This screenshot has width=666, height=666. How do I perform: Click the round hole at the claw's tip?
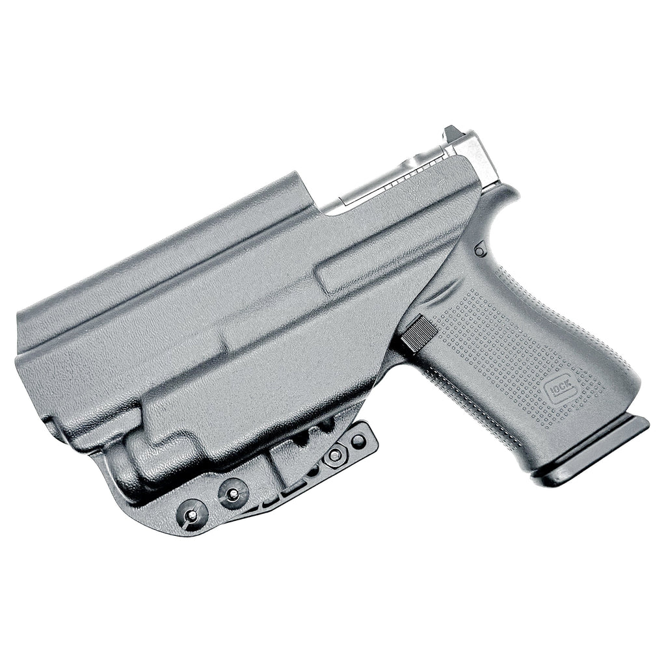pos(358,440)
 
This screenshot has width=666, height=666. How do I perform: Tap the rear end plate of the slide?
pos(481,156)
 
